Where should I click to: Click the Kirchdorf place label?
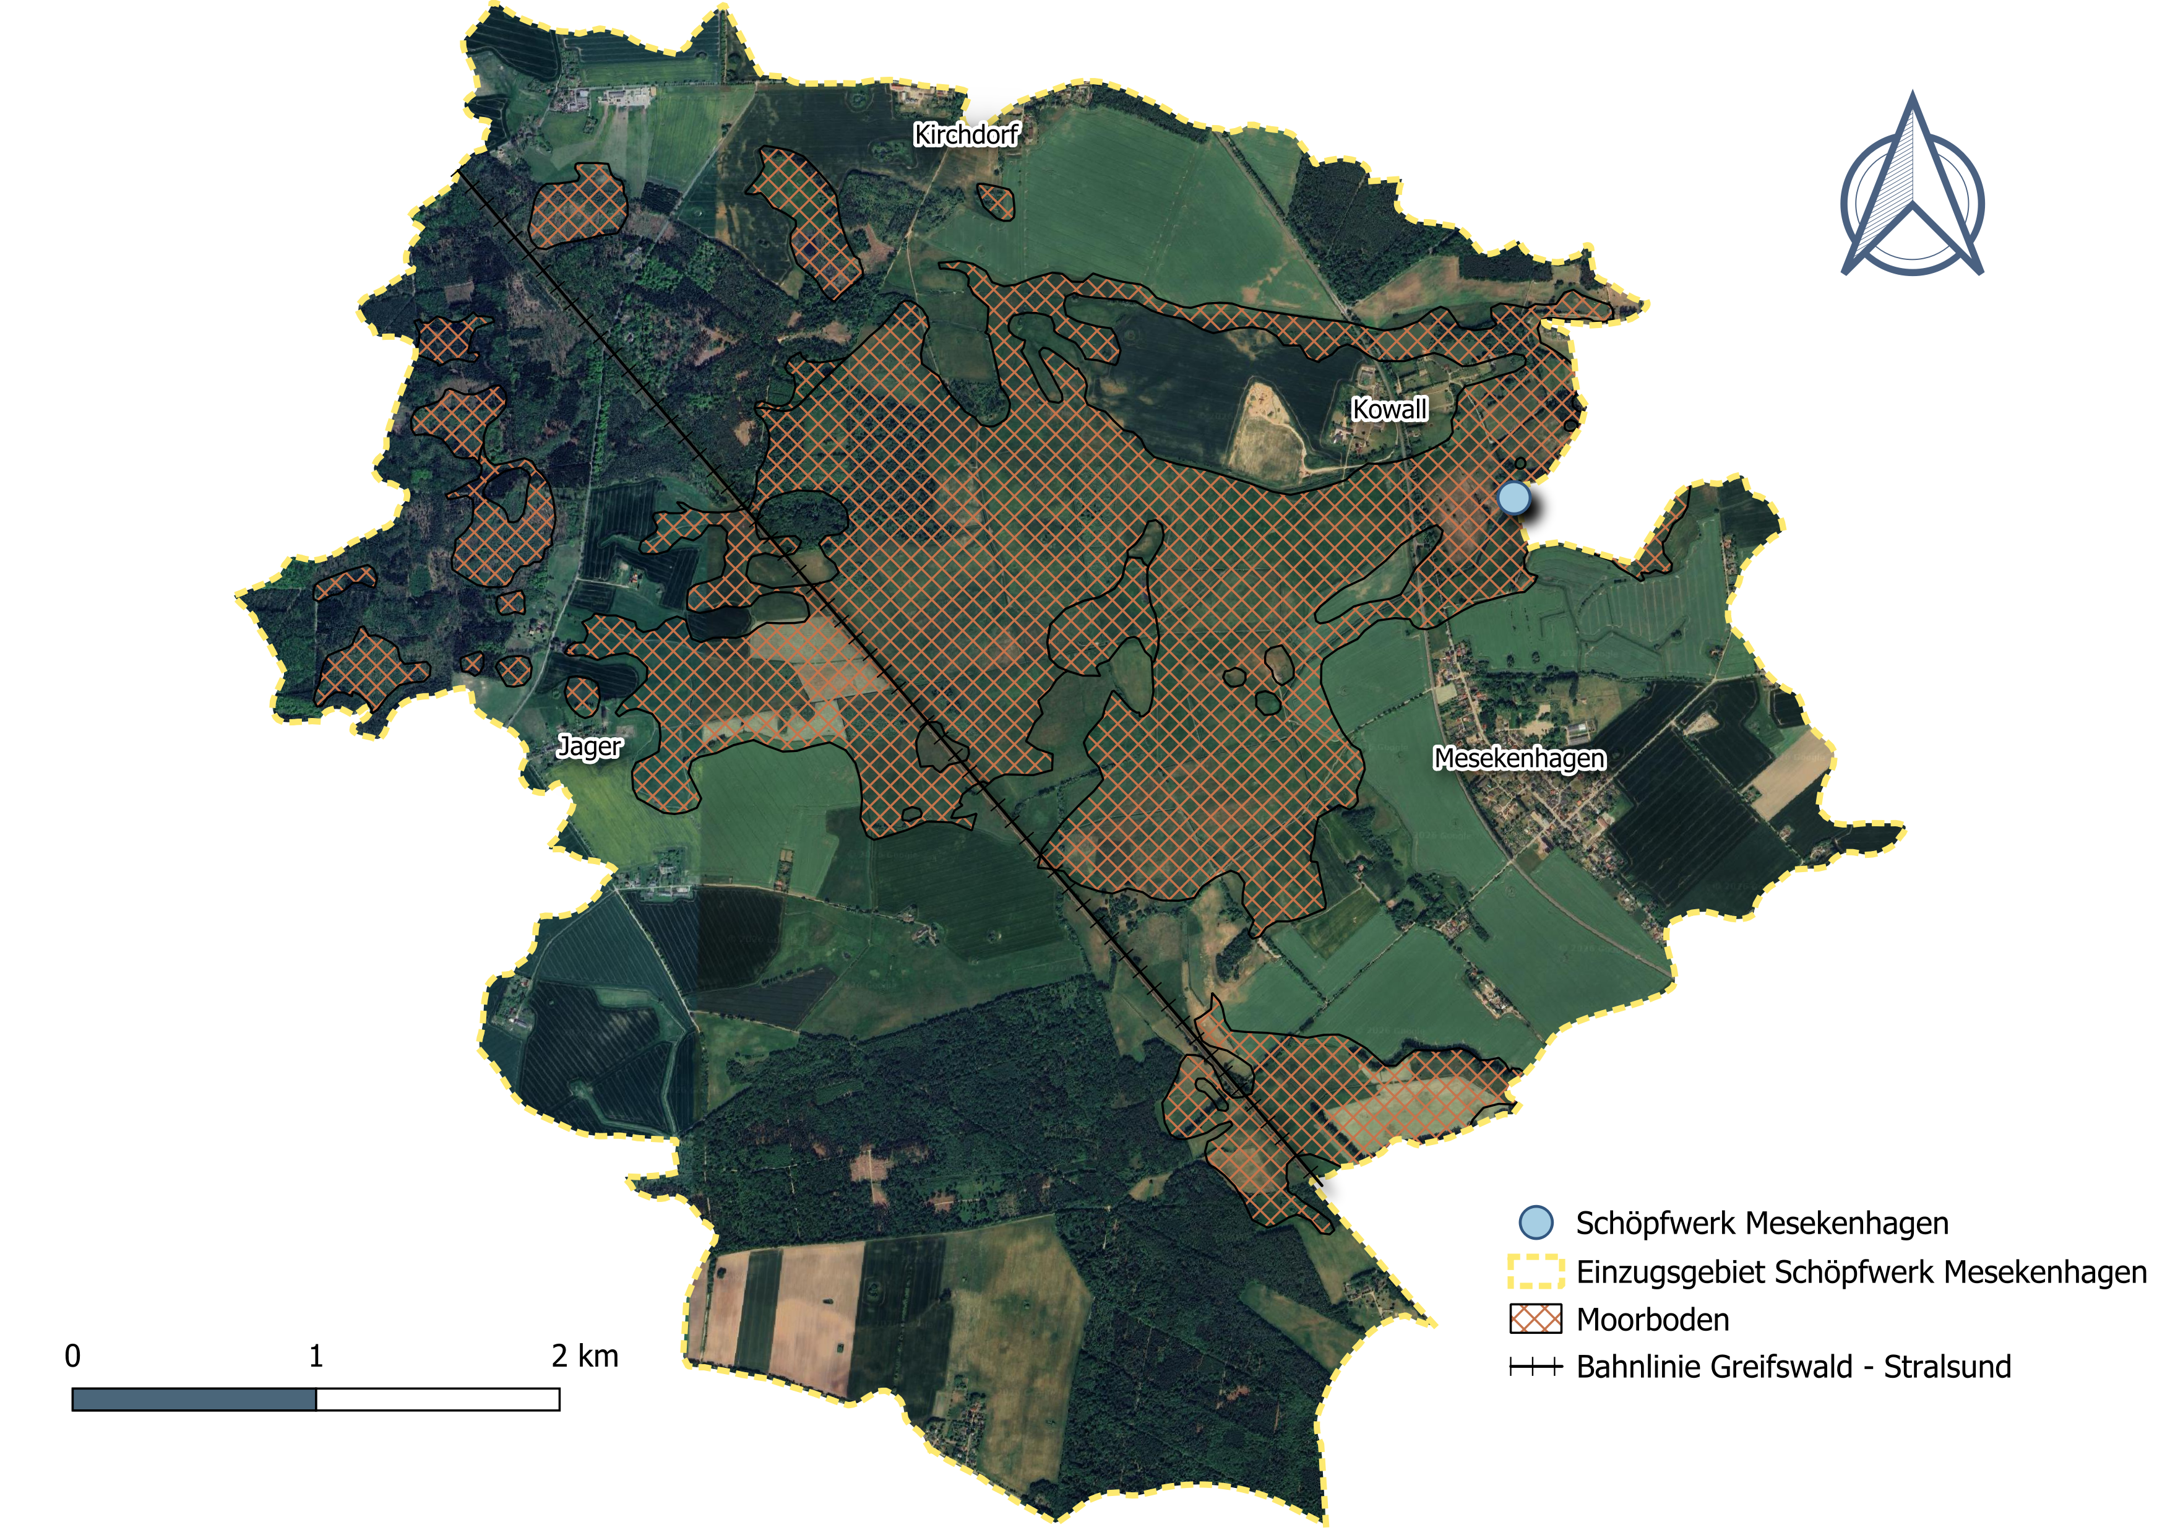tap(966, 135)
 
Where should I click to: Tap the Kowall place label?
tap(1389, 409)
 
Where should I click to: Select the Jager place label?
tap(590, 746)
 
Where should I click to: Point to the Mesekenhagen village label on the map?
tap(1519, 758)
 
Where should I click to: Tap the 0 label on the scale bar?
tap(73, 1356)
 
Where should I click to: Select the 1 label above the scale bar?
tap(316, 1356)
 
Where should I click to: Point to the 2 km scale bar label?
tap(585, 1356)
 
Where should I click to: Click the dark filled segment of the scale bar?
tap(194, 1399)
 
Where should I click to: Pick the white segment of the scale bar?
tap(437, 1399)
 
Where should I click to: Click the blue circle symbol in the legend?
tap(1536, 1222)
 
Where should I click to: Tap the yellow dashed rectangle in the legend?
tap(1536, 1271)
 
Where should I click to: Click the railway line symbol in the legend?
tap(1536, 1367)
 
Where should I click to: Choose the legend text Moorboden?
tap(1652, 1320)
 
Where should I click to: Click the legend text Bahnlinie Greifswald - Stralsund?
tap(1793, 1367)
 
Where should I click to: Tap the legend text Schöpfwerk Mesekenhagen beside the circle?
tap(1762, 1223)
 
